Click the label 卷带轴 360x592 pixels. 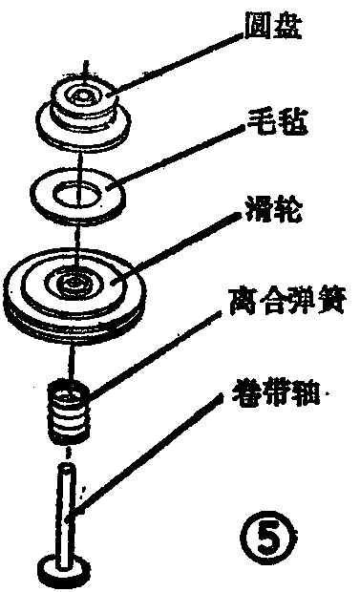click(x=279, y=393)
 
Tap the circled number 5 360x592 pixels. click(x=274, y=526)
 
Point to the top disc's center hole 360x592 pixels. click(x=83, y=97)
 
